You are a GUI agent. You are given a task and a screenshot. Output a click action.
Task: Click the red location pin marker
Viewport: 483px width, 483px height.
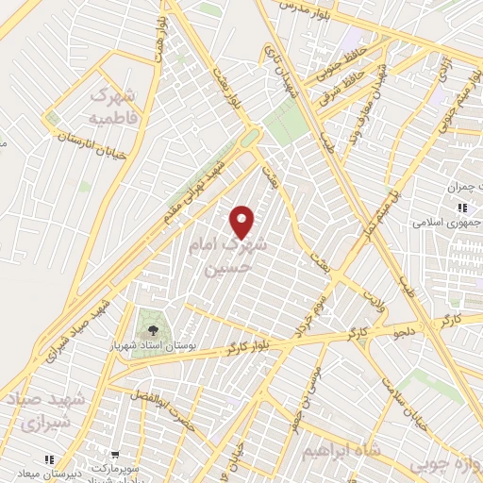click(243, 222)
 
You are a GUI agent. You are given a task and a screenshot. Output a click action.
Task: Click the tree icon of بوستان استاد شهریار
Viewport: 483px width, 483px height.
click(150, 328)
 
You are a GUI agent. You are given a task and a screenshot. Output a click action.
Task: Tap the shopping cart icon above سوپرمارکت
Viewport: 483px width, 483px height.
click(114, 454)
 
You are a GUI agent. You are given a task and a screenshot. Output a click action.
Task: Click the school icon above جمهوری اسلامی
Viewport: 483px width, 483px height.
click(462, 208)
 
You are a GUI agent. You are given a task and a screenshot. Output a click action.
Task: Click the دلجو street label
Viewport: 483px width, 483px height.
click(401, 332)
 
